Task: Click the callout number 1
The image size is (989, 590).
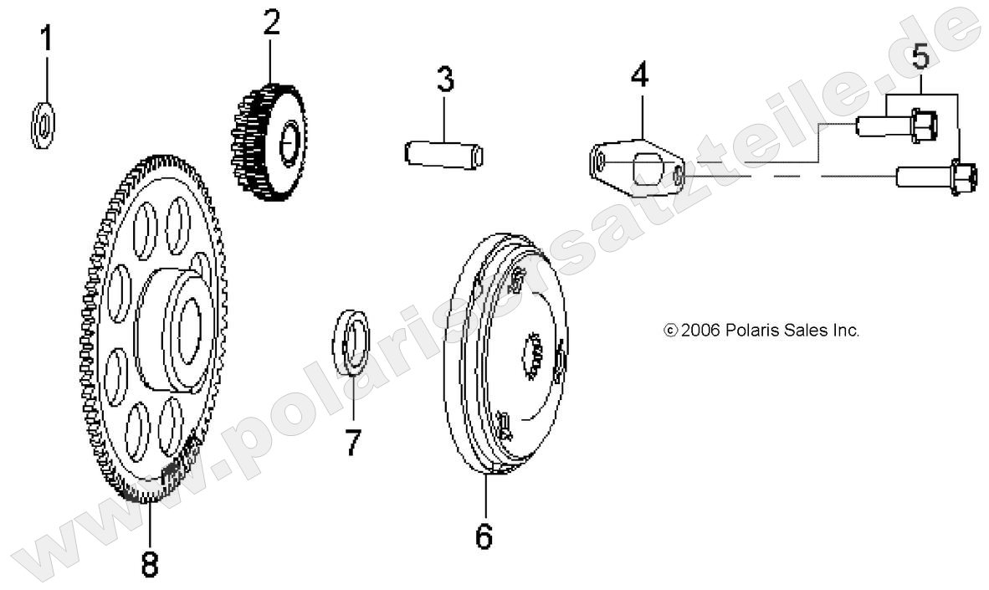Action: (x=46, y=38)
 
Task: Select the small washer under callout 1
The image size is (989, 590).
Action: (x=43, y=125)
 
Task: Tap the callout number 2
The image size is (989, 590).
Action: (x=271, y=23)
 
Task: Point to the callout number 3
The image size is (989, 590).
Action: (x=445, y=80)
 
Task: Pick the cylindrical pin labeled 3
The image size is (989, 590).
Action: (x=444, y=155)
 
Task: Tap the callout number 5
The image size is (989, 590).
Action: (x=921, y=56)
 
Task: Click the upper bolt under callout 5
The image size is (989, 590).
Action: (x=896, y=126)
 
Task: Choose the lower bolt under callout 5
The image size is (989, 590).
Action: (x=936, y=176)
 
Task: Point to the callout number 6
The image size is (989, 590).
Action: (x=483, y=536)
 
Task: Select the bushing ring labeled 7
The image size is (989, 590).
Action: (x=351, y=342)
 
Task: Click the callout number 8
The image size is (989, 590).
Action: (x=150, y=563)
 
